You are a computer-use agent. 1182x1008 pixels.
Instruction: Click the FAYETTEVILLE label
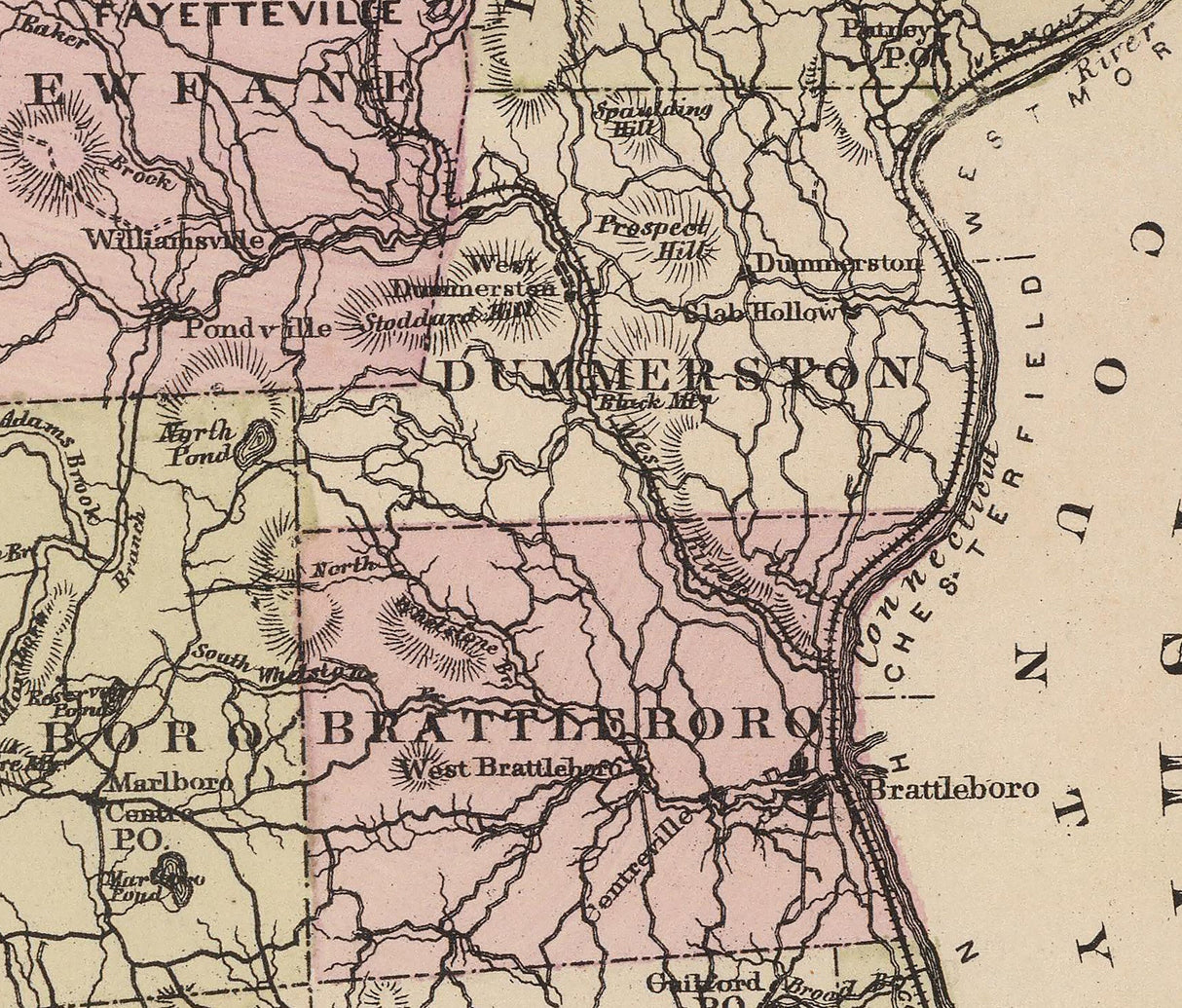249,14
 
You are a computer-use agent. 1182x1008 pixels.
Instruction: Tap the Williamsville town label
174,239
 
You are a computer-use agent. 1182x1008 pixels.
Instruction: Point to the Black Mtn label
654,399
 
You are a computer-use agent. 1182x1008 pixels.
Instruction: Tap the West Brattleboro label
512,767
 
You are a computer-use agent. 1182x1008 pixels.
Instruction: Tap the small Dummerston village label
837,264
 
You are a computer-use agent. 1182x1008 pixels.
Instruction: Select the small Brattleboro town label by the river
952,788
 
